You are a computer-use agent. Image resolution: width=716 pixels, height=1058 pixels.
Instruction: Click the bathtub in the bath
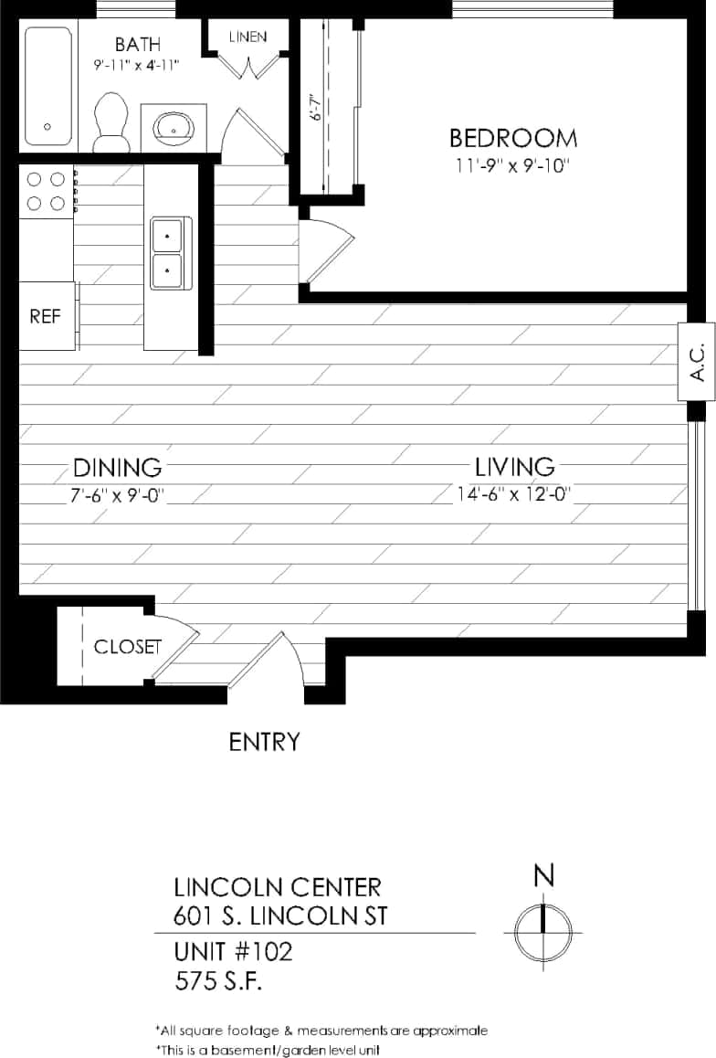[x=47, y=86]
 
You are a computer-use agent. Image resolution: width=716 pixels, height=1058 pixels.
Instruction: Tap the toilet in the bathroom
[x=112, y=122]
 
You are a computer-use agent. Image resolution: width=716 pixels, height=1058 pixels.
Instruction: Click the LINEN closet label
[x=247, y=37]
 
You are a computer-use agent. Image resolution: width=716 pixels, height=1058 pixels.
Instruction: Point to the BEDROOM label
[x=513, y=139]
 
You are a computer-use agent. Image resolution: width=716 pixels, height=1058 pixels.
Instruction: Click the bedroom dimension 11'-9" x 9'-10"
[x=513, y=166]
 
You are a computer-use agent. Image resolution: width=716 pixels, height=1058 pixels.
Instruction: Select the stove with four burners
[x=46, y=191]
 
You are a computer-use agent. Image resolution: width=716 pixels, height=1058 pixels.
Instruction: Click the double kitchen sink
[x=167, y=252]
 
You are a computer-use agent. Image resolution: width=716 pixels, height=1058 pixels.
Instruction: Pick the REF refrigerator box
[x=45, y=316]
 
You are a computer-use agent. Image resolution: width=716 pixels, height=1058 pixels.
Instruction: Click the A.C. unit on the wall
[x=696, y=362]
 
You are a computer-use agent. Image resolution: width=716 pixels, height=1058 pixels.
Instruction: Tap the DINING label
[x=117, y=468]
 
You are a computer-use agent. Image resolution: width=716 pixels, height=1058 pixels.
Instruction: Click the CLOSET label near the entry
[x=127, y=647]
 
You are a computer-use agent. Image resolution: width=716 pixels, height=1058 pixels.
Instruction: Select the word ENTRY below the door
[x=264, y=742]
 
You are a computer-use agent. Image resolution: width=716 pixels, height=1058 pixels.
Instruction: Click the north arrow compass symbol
[x=543, y=933]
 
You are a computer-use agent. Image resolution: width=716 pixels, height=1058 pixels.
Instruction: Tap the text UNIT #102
[x=233, y=952]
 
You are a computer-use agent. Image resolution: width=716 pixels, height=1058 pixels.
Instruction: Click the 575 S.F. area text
[x=219, y=982]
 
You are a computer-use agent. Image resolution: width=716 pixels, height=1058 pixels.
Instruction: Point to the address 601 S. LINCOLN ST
[x=279, y=915]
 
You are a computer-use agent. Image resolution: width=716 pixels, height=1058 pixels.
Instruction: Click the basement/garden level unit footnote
[x=267, y=1050]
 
